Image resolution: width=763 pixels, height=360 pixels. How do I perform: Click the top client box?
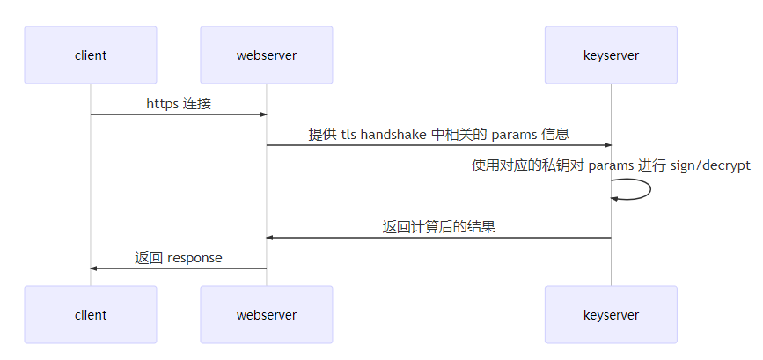(x=91, y=55)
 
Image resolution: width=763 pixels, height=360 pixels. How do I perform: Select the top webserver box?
(x=267, y=55)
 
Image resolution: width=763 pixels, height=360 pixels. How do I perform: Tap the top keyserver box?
(x=611, y=55)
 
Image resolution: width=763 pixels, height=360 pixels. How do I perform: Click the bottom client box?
(x=91, y=314)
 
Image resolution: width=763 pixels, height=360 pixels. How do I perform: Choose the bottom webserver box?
(x=267, y=314)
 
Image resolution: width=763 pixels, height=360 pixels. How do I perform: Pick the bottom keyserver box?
(x=611, y=314)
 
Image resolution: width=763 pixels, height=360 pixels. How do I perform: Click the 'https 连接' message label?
(x=179, y=104)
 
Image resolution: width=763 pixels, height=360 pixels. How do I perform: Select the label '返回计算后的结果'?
(x=438, y=227)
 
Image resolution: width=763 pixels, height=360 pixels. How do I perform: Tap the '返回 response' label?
(x=179, y=258)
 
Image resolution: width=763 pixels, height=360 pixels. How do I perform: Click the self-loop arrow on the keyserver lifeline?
(x=649, y=189)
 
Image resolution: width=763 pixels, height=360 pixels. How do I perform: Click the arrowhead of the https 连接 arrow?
(x=262, y=114)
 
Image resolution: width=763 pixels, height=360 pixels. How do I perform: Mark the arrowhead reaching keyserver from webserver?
(x=606, y=145)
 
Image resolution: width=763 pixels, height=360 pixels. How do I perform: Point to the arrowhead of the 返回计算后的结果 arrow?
(x=271, y=238)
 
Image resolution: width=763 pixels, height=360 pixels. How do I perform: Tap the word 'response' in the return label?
(x=194, y=258)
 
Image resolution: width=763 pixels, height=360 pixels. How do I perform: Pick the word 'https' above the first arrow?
(x=162, y=104)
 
